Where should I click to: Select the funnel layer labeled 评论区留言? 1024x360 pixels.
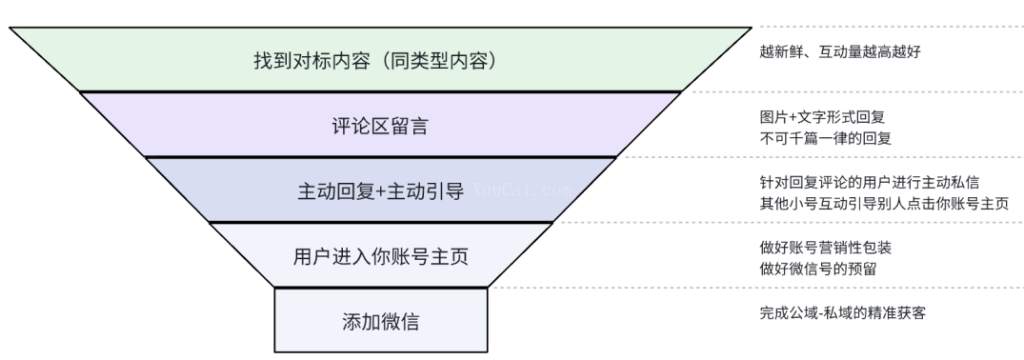click(380, 124)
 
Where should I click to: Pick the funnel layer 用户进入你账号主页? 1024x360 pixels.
click(381, 255)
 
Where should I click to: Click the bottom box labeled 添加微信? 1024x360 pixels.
click(381, 321)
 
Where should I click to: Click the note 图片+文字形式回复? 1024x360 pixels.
click(824, 117)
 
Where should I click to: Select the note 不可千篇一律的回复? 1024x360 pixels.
click(824, 137)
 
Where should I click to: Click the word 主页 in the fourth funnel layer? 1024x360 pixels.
click(451, 256)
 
